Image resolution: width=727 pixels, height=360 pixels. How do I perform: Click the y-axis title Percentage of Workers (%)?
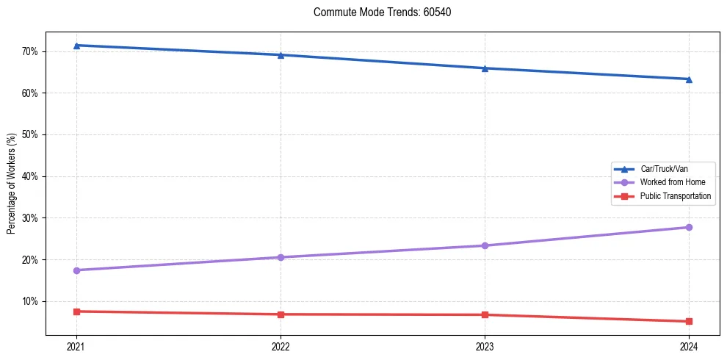click(x=11, y=184)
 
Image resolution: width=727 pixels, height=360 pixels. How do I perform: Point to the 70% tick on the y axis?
click(x=35, y=51)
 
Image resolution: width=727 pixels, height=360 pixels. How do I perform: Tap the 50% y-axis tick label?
click(x=35, y=134)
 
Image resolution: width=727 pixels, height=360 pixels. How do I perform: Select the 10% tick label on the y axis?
click(x=35, y=301)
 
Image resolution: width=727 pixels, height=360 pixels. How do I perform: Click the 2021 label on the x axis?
click(x=76, y=347)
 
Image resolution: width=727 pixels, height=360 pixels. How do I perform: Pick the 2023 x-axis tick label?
click(x=485, y=347)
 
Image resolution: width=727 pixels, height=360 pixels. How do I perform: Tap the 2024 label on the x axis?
click(x=689, y=347)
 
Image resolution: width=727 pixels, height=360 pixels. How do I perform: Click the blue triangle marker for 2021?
click(x=76, y=46)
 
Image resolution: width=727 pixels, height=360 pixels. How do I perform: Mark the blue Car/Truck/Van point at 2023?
click(x=485, y=68)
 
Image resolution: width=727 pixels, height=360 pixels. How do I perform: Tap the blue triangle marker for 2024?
click(x=689, y=79)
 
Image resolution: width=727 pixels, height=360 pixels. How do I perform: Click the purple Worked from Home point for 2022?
click(x=281, y=257)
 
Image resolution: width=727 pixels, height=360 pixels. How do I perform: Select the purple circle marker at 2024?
click(x=689, y=227)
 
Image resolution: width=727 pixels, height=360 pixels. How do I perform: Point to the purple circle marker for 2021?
click(x=76, y=270)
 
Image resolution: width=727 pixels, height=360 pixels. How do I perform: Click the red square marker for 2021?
click(x=76, y=312)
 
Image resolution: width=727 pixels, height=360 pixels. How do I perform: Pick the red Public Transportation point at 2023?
click(x=485, y=314)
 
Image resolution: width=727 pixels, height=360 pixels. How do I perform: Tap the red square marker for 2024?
click(x=689, y=321)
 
